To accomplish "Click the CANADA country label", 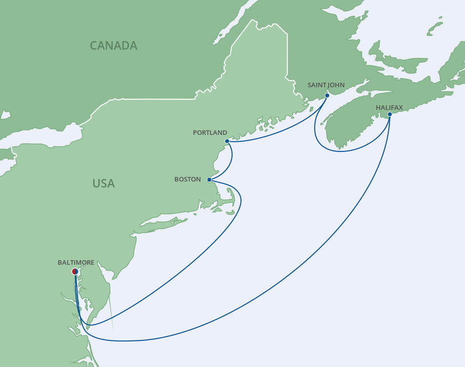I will (x=113, y=46).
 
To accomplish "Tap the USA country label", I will (x=103, y=183).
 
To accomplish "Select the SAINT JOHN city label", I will (x=326, y=85).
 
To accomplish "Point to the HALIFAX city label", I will (x=389, y=107).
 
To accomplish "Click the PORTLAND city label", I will (x=210, y=133).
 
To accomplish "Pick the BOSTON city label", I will (x=187, y=179).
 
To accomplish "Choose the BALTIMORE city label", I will (x=76, y=262).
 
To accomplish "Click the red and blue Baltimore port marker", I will (x=75, y=272).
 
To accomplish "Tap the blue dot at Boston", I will (x=209, y=179).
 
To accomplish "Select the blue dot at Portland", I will (x=227, y=141).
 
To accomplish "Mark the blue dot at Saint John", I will (x=327, y=95).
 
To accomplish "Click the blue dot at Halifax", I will (x=390, y=114).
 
